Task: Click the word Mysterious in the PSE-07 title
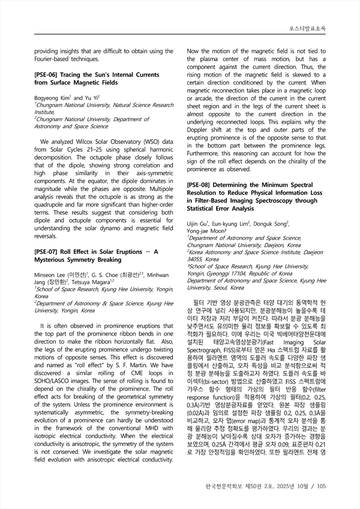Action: pyautogui.click(x=57, y=261)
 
